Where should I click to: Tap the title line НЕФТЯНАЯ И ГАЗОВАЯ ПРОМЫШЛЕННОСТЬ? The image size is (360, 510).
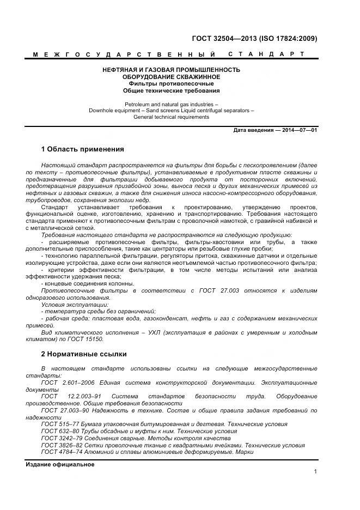[x=172, y=70]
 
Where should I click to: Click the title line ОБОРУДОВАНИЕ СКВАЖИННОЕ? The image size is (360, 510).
[x=172, y=77]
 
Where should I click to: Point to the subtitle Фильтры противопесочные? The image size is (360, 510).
[x=172, y=84]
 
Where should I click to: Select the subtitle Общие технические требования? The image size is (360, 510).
[x=172, y=91]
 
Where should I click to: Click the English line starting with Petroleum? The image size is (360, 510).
[x=172, y=104]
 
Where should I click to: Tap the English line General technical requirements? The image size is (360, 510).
[x=172, y=117]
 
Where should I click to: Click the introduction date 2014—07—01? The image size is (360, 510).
[x=298, y=131]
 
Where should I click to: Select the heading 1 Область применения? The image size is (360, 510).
[x=82, y=149]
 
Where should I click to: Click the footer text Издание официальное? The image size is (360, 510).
[x=60, y=465]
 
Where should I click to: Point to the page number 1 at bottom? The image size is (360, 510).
[x=315, y=472]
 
